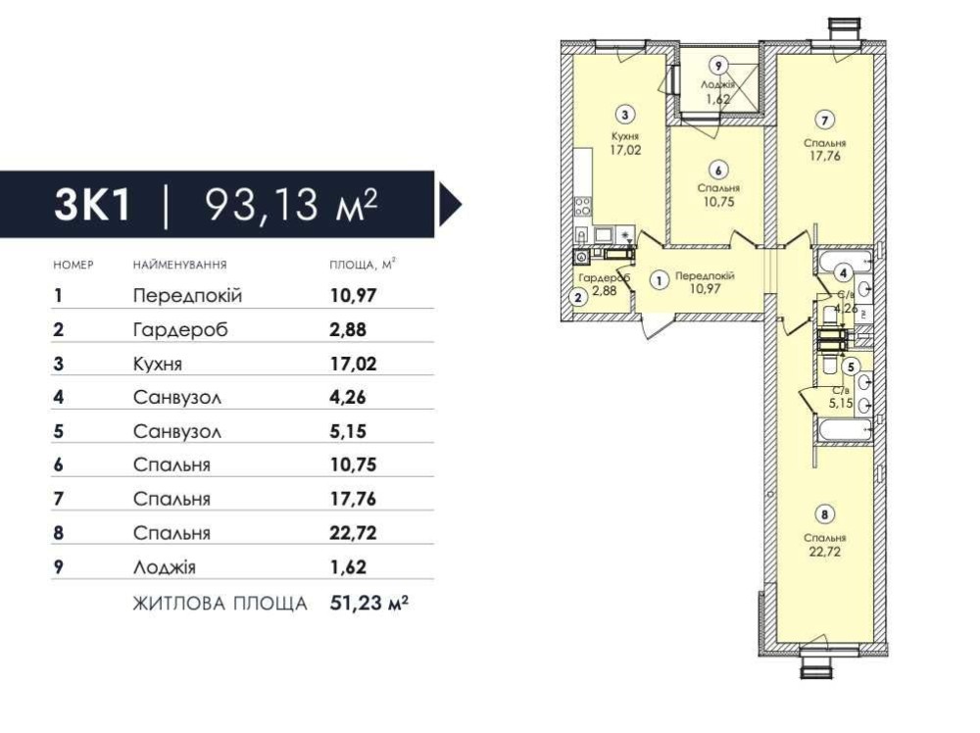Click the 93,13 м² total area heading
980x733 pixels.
point(292,204)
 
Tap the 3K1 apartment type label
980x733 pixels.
point(92,204)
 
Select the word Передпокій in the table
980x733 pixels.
point(187,296)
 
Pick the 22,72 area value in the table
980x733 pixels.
point(353,532)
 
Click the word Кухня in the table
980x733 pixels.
point(157,364)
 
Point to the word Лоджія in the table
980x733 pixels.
point(164,566)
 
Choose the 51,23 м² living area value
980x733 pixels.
point(368,603)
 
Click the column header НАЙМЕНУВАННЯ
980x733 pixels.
point(179,265)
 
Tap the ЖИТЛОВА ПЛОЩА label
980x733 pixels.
point(220,604)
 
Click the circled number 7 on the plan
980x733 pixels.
point(825,120)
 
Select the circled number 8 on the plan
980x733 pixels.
point(825,514)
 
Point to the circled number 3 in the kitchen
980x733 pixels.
point(625,114)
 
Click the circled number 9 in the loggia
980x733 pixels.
point(718,65)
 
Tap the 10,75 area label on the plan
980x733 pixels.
point(718,202)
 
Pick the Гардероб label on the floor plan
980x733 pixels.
point(604,278)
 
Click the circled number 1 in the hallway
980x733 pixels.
point(659,281)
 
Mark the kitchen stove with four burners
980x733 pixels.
point(582,206)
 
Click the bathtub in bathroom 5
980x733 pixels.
point(845,430)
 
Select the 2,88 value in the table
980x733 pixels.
point(348,329)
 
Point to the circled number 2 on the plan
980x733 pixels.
point(578,298)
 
